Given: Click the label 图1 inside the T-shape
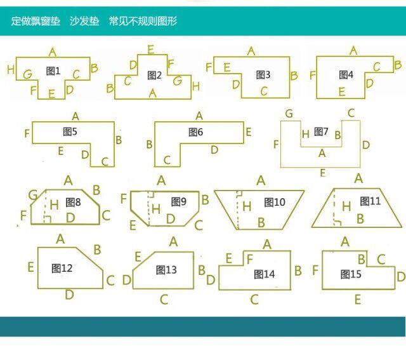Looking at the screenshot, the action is [53, 70].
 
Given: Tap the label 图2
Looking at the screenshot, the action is [155, 76].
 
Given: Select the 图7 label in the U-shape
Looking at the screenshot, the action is [322, 132].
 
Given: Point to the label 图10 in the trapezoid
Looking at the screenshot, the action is [275, 203].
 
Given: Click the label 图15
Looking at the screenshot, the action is [351, 274].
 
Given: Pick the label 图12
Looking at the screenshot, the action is [62, 269].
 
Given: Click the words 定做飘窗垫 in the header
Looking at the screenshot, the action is [36, 21].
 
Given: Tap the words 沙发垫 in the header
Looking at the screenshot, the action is [84, 21].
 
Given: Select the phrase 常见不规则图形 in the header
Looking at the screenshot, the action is [143, 21].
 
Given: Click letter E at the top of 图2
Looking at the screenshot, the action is [150, 49].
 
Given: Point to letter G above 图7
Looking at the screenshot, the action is [289, 114].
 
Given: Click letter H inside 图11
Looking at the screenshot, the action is [346, 206].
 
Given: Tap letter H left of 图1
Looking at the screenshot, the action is [11, 69].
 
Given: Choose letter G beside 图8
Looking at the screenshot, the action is [33, 195].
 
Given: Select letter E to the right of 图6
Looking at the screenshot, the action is [249, 132].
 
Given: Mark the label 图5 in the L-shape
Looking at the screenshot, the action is [70, 132].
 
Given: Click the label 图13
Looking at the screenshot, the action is [166, 270].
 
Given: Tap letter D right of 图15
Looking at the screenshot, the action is [400, 276].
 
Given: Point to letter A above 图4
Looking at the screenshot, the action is [353, 50].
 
